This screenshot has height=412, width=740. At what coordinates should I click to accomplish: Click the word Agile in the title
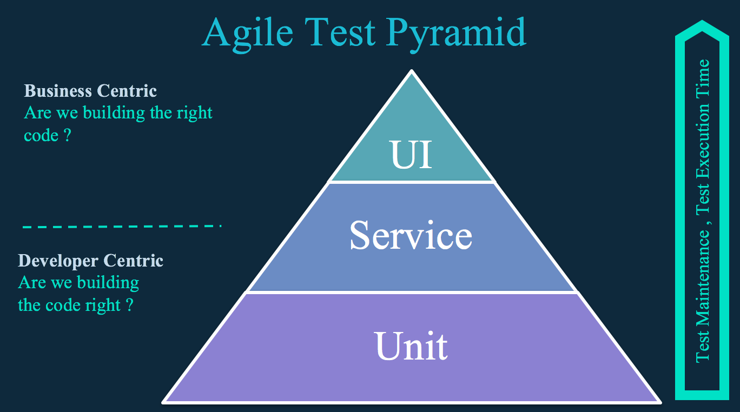(x=247, y=34)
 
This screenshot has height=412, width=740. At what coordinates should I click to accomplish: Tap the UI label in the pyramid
(x=411, y=154)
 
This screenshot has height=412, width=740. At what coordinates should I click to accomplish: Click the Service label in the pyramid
(x=411, y=235)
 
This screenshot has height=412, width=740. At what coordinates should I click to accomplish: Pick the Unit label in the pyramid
(x=411, y=345)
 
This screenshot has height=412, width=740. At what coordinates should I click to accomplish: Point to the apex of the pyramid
(x=412, y=70)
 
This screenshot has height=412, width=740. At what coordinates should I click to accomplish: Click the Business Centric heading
(x=90, y=91)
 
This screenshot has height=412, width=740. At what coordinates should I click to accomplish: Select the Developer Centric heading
(x=90, y=261)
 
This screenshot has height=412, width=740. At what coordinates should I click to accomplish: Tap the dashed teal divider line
(x=122, y=227)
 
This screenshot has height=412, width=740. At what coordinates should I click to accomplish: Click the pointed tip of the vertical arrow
(x=702, y=21)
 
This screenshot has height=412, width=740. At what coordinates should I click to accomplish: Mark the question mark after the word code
(x=67, y=135)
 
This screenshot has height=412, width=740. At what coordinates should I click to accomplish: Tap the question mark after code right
(x=129, y=305)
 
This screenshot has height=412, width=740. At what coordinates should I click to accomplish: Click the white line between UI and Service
(x=412, y=182)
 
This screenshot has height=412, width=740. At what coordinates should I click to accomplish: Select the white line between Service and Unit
(x=412, y=292)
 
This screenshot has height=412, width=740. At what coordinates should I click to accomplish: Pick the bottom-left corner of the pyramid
(x=162, y=402)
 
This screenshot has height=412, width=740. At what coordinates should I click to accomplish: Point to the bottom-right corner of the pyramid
(x=660, y=402)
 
